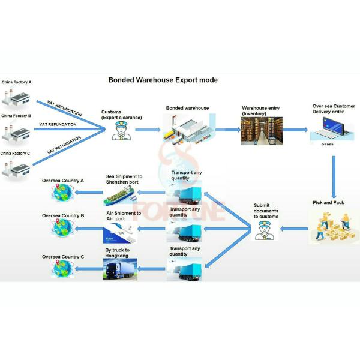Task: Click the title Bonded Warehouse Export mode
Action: pos(163,80)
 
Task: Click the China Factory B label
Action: pos(16,116)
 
